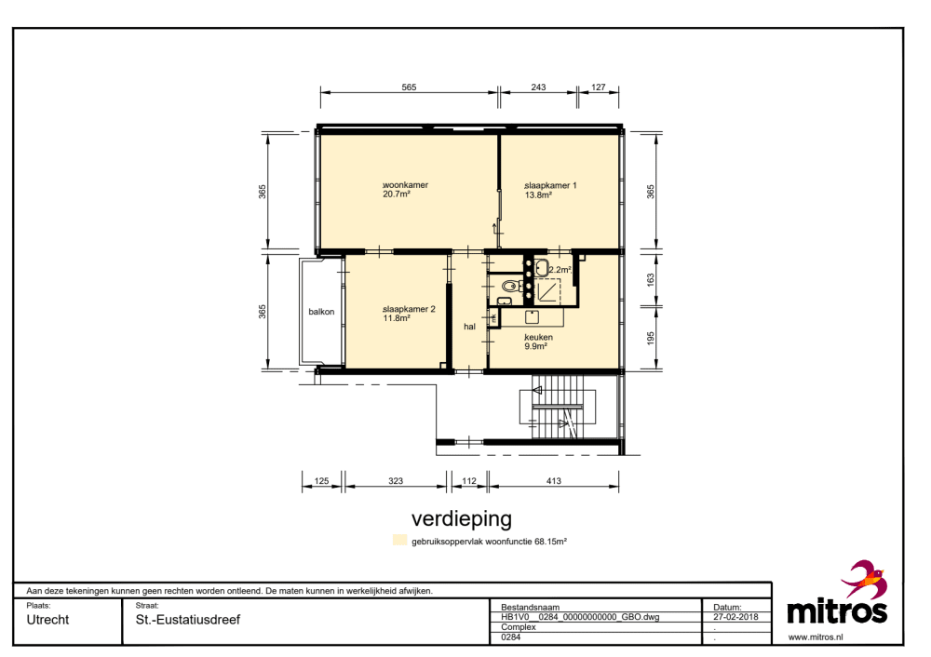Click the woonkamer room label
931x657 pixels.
click(x=406, y=185)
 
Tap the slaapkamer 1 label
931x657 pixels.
click(x=550, y=186)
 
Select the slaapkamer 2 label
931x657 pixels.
click(x=409, y=309)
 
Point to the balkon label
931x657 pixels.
click(x=321, y=312)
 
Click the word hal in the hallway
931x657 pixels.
click(x=469, y=327)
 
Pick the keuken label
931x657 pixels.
click(x=538, y=337)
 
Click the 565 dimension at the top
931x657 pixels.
click(x=409, y=87)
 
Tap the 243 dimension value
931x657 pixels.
click(x=538, y=87)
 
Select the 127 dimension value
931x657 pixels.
click(x=599, y=87)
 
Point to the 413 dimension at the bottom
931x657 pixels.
click(x=553, y=481)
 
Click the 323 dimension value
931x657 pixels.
click(x=396, y=481)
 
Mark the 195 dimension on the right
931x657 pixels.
click(x=651, y=339)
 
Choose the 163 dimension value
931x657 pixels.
click(x=651, y=279)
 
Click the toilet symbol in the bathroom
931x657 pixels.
click(x=509, y=286)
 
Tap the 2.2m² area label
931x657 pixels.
click(x=560, y=270)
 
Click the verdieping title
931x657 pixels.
click(x=462, y=518)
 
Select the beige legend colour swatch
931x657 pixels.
click(x=400, y=540)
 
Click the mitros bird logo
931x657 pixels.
click(x=865, y=578)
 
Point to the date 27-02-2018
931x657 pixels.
click(x=735, y=617)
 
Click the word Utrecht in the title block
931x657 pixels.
click(x=48, y=620)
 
